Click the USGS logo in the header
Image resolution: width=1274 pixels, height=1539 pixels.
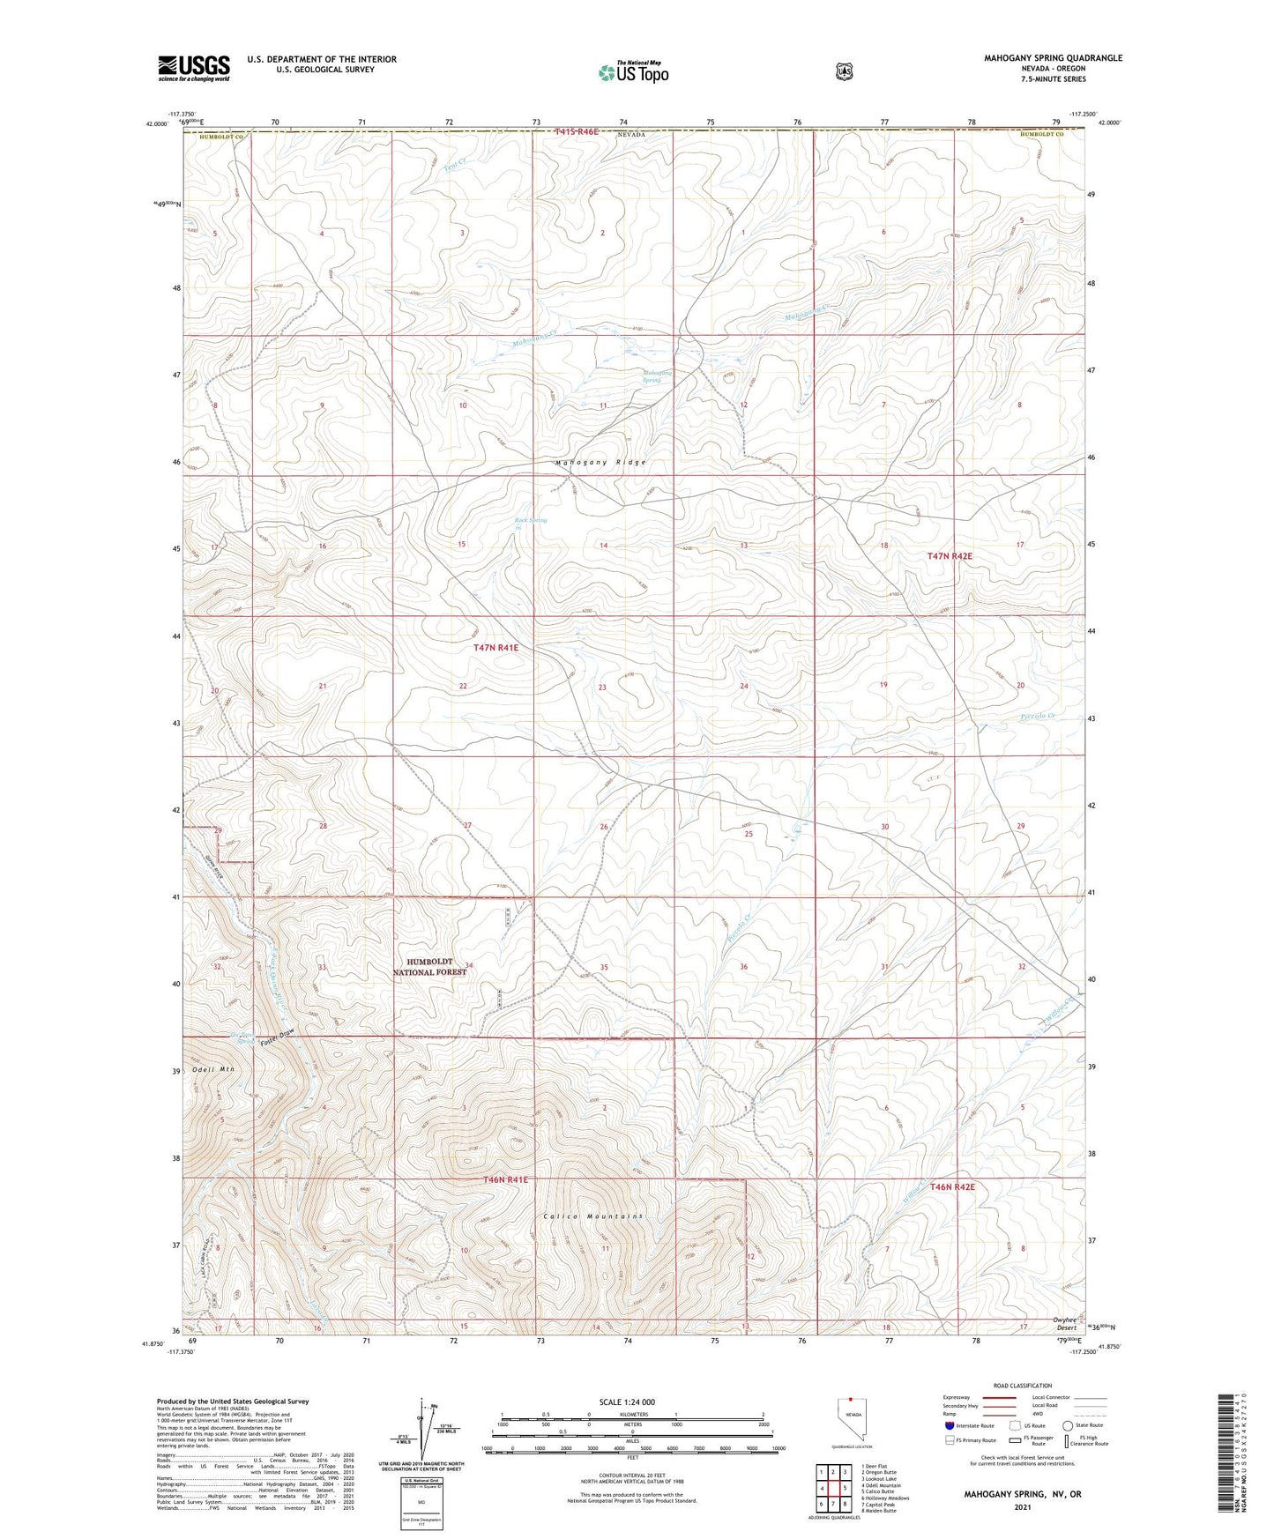[x=194, y=67]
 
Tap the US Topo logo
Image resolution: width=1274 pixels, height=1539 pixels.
[x=632, y=72]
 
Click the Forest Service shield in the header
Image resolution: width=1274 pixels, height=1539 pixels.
[x=844, y=71]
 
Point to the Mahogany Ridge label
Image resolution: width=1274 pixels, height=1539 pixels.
[x=600, y=463]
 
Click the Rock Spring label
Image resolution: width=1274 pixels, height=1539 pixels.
[x=531, y=520]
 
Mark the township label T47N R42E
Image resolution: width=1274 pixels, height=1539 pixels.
[x=950, y=556]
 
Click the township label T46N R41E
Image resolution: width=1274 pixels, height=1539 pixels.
[x=505, y=1179]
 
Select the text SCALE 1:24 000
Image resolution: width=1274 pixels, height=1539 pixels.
[x=627, y=1401]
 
